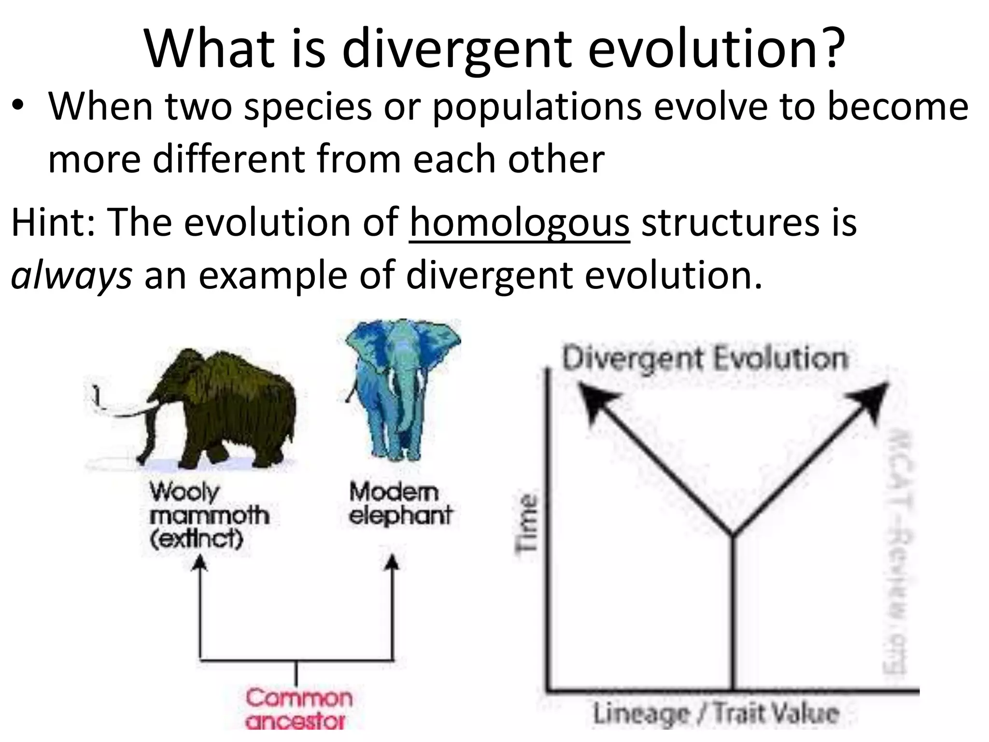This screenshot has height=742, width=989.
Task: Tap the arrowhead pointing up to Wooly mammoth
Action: [199, 563]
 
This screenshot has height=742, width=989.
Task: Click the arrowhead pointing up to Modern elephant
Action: [393, 563]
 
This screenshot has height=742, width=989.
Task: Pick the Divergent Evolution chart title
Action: [705, 359]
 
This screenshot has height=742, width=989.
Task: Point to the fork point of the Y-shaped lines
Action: [733, 535]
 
